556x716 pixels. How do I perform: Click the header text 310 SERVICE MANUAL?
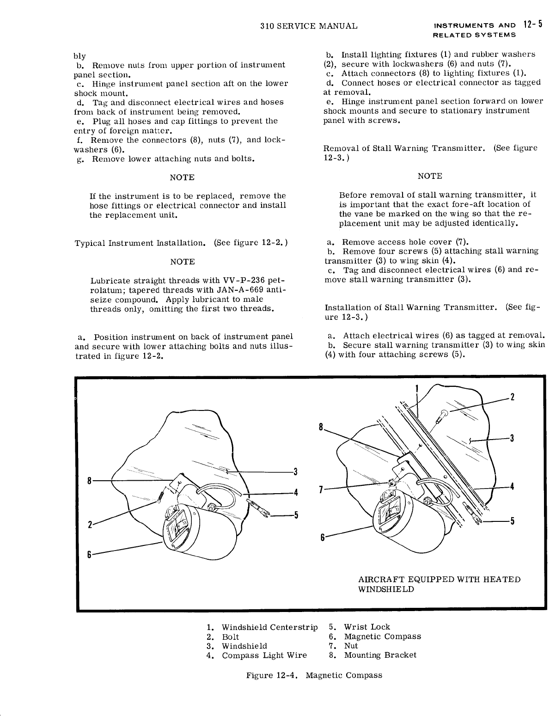pyautogui.click(x=309, y=26)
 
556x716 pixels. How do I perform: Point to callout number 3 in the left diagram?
pyautogui.click(x=294, y=472)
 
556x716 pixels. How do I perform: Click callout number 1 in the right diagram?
pyautogui.click(x=416, y=388)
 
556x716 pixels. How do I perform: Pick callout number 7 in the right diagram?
pyautogui.click(x=321, y=489)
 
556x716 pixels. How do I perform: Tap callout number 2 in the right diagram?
pyautogui.click(x=512, y=397)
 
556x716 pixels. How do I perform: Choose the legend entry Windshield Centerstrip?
pyautogui.click(x=269, y=627)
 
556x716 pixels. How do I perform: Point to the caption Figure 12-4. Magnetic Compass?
pyautogui.click(x=314, y=675)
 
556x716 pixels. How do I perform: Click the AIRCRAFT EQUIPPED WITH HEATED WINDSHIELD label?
pyautogui.click(x=439, y=584)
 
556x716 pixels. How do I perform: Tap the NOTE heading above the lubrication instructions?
pyautogui.click(x=182, y=262)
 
